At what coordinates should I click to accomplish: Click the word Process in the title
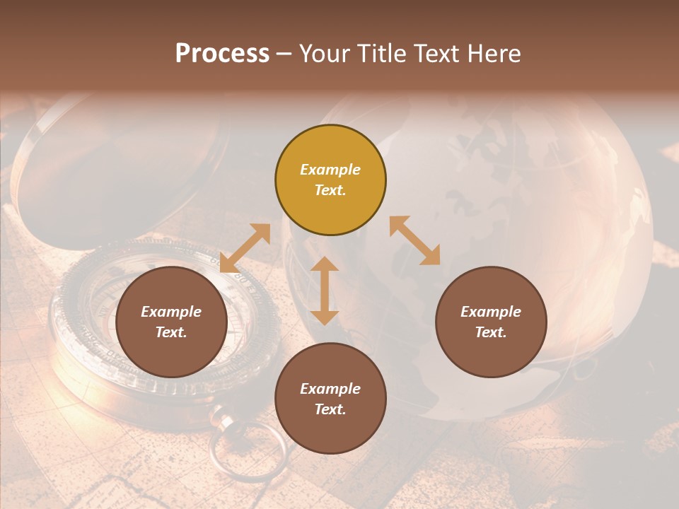(222, 54)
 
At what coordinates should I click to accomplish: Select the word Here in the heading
(494, 54)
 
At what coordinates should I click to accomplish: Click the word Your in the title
(324, 54)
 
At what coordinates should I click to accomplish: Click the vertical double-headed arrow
(325, 291)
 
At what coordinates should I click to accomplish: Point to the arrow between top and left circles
(245, 248)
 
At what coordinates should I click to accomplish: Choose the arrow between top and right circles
(415, 240)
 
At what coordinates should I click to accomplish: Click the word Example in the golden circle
(330, 170)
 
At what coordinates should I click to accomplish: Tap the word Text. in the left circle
(171, 332)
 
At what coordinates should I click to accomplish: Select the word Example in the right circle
(491, 312)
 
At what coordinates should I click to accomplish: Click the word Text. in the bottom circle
(330, 409)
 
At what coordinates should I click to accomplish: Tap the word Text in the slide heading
(434, 54)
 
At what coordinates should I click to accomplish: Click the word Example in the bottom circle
(330, 389)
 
